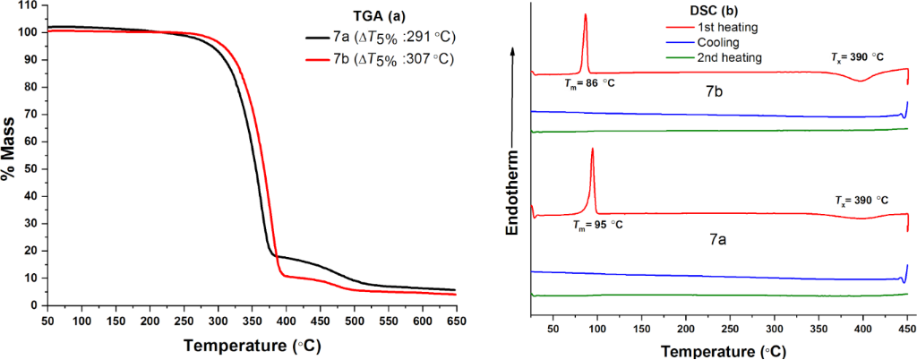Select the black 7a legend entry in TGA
pos(375,39)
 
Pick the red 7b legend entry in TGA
pos(375,60)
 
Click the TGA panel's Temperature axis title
pos(253,344)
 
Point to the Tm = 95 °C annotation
pos(596,224)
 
